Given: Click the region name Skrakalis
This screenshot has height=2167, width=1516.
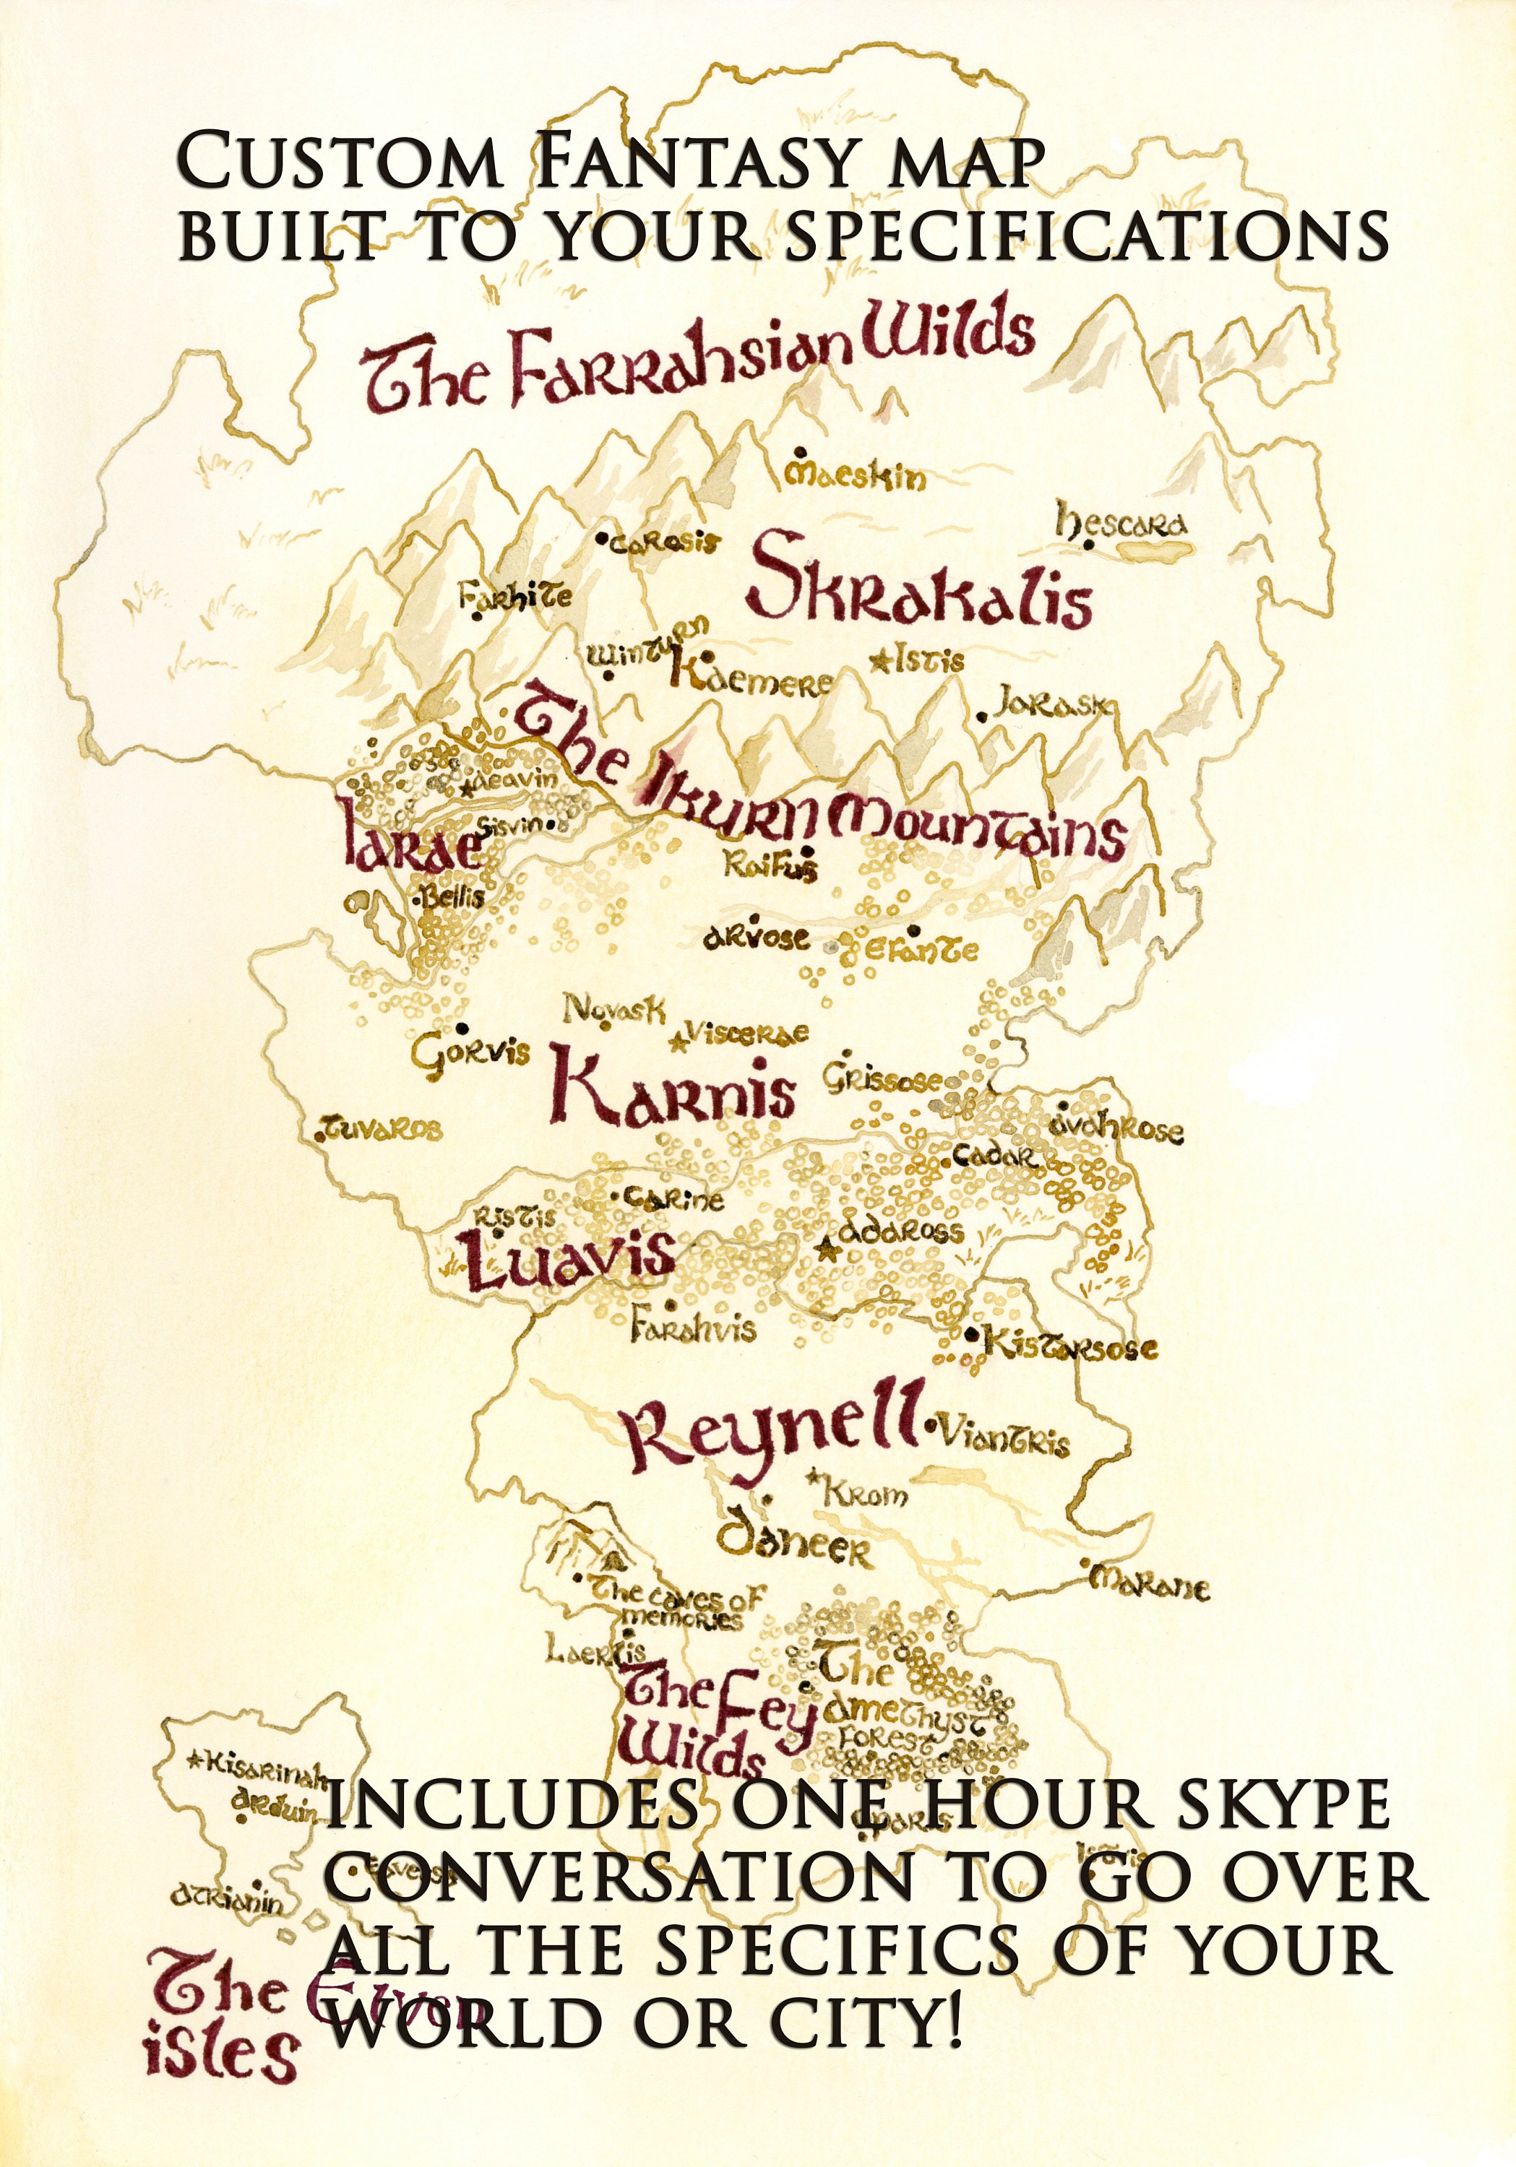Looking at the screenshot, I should (x=921, y=587).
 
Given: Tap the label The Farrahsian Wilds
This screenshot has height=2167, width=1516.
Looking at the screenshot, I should (x=699, y=361).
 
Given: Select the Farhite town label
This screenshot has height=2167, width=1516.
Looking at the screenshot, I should (x=514, y=597).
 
